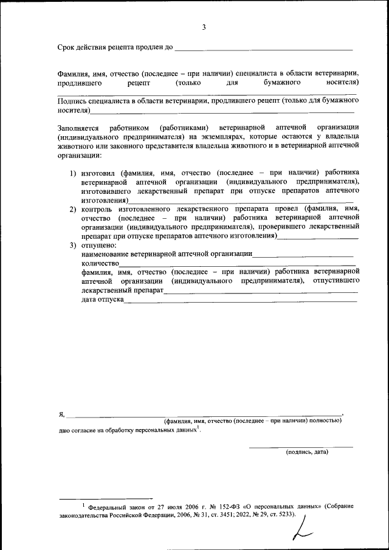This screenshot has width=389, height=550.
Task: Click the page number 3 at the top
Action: [204, 27]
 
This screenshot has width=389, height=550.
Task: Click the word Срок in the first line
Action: [67, 47]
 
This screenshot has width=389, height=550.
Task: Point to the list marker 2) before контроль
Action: [73, 209]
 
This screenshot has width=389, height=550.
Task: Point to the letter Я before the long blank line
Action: [61, 414]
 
